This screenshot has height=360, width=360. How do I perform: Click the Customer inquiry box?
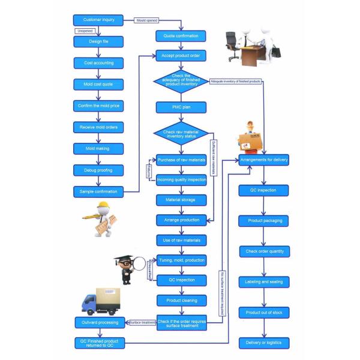click(98, 20)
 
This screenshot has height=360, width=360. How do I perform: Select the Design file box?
click(98, 41)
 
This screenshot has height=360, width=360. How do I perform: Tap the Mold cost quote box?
click(98, 84)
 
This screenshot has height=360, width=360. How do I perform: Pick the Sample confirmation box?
click(98, 191)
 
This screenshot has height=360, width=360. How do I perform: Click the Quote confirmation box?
click(181, 36)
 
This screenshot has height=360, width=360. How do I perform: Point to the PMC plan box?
click(181, 107)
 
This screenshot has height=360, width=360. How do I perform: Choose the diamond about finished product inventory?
click(181, 81)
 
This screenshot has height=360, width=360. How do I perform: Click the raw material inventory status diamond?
click(181, 133)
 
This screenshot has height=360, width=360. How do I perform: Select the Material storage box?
click(181, 199)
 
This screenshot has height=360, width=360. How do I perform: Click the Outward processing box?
click(98, 322)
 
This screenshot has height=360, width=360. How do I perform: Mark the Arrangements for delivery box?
click(264, 160)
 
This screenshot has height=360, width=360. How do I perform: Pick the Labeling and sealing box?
click(264, 281)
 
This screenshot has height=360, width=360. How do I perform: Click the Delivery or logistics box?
click(264, 343)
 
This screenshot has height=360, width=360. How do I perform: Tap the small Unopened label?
click(84, 31)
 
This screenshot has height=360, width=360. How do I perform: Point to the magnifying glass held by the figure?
click(140, 262)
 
